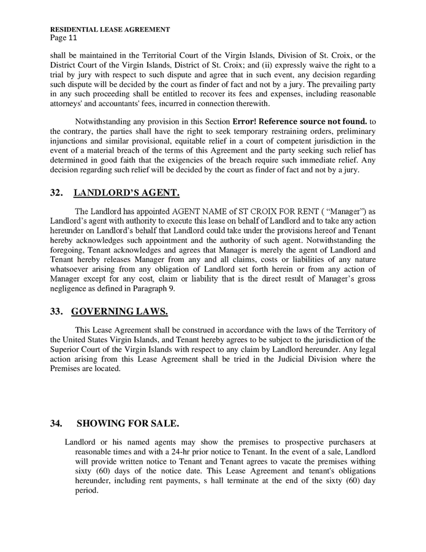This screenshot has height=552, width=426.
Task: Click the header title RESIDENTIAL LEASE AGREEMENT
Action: [110, 29]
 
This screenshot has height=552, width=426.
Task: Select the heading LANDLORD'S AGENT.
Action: [126, 193]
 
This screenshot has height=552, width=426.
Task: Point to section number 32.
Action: [57, 193]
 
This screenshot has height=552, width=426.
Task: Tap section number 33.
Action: [57, 311]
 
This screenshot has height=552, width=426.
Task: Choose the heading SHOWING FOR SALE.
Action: [127, 424]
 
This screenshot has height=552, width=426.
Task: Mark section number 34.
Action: [57, 424]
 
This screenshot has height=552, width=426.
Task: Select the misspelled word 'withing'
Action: [361, 461]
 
